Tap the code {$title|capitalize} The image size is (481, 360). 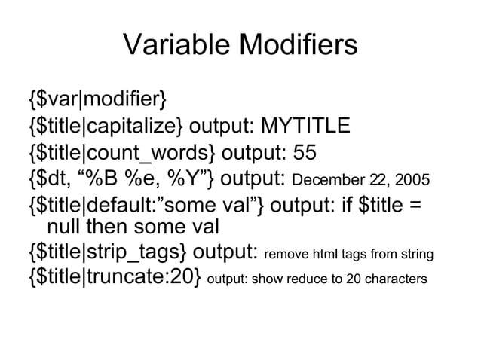tap(105, 125)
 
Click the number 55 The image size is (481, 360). tap(305, 152)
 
